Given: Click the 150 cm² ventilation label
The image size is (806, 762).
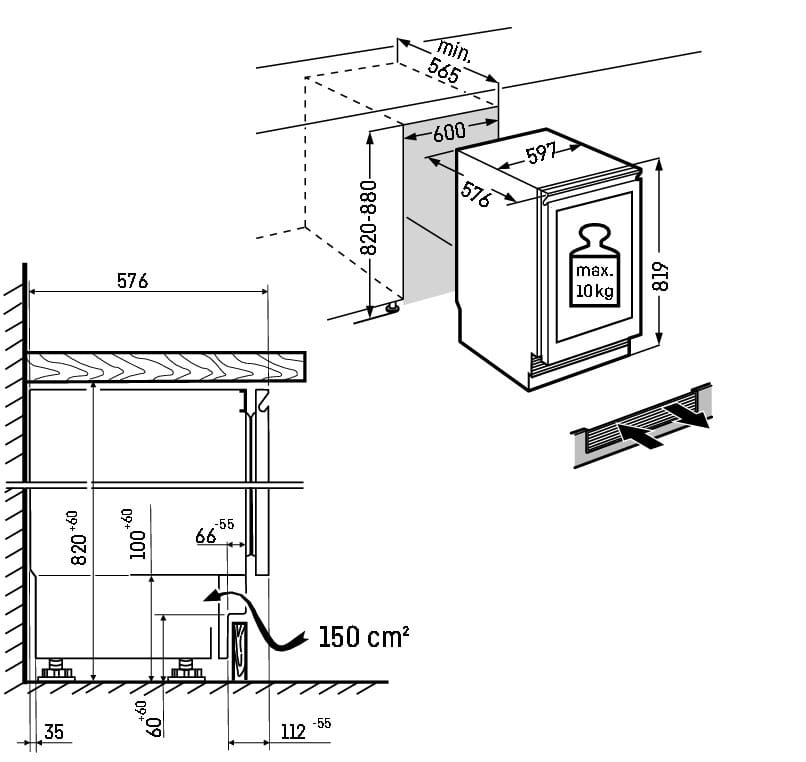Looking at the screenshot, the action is (364, 637).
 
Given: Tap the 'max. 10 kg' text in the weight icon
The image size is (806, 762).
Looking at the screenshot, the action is (594, 281).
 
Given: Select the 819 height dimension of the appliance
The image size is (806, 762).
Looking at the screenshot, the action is (660, 277).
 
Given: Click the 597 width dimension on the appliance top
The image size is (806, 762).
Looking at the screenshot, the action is (541, 153).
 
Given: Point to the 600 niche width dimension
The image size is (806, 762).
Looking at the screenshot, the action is (449, 132).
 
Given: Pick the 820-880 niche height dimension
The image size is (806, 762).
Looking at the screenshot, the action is (369, 217).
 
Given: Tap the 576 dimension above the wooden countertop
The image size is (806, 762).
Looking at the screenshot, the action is (133, 281).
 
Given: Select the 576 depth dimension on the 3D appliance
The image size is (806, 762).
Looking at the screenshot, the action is (476, 194).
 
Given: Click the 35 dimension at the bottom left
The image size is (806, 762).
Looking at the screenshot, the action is (54, 732).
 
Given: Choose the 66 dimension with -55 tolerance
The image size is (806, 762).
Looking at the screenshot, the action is (214, 532).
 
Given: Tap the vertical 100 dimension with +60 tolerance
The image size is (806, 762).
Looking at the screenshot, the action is (135, 534).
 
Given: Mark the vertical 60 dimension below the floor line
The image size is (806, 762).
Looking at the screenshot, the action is (151, 719).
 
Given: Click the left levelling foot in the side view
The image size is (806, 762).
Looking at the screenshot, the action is (56, 670).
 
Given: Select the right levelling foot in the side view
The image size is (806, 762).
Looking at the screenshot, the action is (187, 670).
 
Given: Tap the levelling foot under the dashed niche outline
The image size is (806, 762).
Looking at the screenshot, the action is (392, 307).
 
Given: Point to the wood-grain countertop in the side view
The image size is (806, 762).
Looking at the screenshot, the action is (167, 367).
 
